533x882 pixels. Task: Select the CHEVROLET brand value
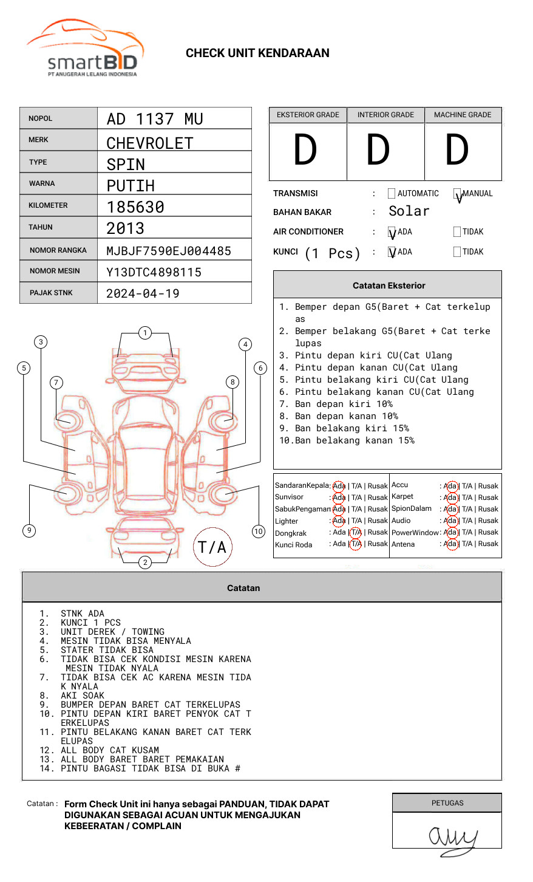click(x=150, y=143)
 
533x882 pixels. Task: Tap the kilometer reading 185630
click(x=135, y=207)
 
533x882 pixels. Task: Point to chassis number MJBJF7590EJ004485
click(x=169, y=251)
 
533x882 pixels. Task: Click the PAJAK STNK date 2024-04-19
click(x=143, y=293)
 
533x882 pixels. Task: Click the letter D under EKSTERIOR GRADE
click(x=305, y=151)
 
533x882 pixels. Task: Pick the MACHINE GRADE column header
click(x=463, y=115)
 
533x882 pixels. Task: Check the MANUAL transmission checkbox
click(x=457, y=194)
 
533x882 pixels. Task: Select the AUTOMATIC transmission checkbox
click(x=392, y=194)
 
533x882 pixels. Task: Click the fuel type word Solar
click(x=409, y=211)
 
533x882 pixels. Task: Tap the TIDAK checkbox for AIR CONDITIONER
click(x=457, y=232)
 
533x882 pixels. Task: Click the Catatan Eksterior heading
click(x=389, y=285)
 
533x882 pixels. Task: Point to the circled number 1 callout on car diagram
click(x=144, y=333)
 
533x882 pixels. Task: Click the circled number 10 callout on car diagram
click(x=259, y=532)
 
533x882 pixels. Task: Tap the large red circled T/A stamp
click(x=212, y=547)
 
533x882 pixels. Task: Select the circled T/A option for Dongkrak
click(x=356, y=533)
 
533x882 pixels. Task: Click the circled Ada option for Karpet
click(x=450, y=497)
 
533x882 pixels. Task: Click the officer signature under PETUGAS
click(x=452, y=838)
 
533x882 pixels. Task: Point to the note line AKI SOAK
click(x=82, y=696)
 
